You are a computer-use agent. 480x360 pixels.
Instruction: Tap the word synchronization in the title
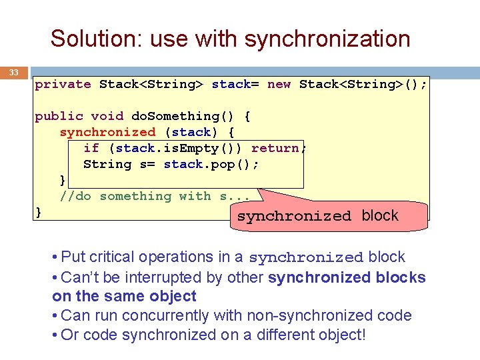click(327, 39)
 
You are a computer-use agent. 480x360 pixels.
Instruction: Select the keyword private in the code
click(63, 84)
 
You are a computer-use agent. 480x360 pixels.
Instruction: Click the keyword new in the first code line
click(279, 84)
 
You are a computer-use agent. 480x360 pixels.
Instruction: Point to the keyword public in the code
click(59, 116)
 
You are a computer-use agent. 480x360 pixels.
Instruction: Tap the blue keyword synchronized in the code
click(107, 132)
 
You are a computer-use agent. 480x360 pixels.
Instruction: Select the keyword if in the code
click(91, 148)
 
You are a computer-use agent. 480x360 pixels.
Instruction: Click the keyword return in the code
click(275, 148)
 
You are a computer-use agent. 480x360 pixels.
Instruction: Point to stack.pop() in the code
click(211, 164)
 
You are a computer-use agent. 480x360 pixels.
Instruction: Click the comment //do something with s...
click(155, 196)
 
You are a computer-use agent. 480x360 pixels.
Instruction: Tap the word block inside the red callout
click(380, 215)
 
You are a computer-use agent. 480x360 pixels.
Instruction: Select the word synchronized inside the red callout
click(294, 217)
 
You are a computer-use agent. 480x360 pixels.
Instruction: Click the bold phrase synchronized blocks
click(347, 277)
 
